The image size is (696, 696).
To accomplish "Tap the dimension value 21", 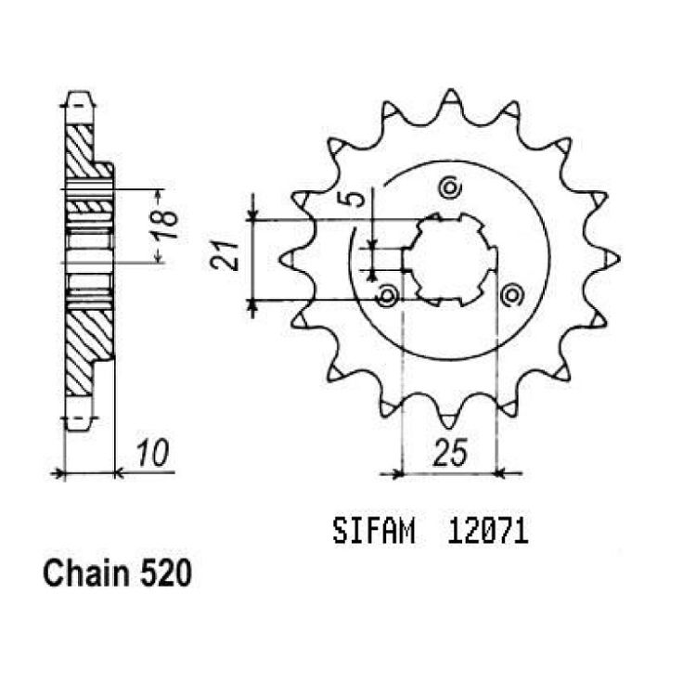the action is [226, 256].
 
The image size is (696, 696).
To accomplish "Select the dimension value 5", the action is [356, 200].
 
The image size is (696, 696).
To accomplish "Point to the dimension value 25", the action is [450, 453].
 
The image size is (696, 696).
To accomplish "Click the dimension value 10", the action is [152, 454].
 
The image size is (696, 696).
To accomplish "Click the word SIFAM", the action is [374, 532].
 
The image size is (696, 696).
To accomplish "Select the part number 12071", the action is [488, 532].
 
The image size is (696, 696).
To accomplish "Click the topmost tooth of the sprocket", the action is [451, 98].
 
